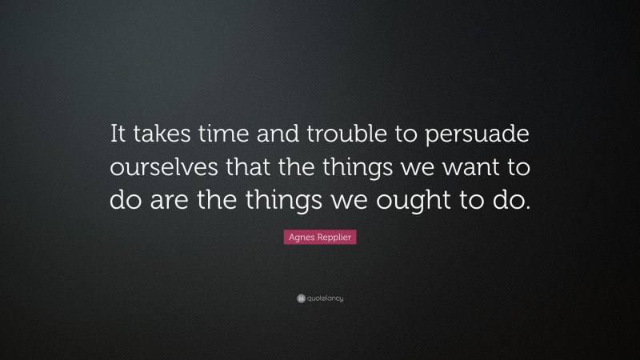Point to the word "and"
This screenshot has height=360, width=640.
[271, 136]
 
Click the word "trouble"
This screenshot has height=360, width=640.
[337, 136]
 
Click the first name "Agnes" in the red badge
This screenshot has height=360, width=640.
[298, 238]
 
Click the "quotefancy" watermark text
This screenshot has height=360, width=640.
[325, 298]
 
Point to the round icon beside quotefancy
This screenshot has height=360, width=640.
[301, 298]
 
